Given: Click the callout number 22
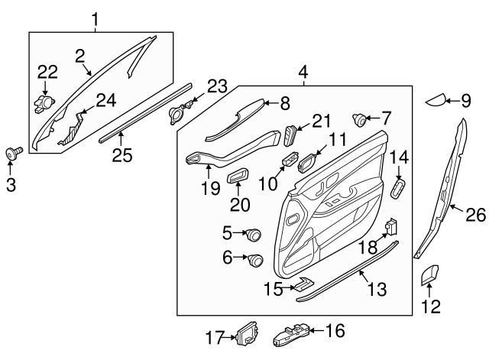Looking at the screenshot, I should point(47,71).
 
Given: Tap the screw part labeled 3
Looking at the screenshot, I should point(14,152).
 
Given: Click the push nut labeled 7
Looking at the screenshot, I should point(358,120).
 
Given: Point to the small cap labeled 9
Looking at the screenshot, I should point(436,100).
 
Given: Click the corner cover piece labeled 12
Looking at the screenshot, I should point(429,275).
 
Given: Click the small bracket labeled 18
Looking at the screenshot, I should point(391,228).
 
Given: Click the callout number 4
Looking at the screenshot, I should point(303,73).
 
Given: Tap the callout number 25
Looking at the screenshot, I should point(123,154).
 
